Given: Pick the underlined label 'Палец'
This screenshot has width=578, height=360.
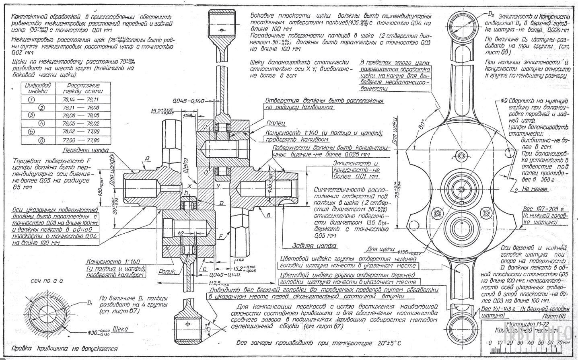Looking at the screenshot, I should [275, 123].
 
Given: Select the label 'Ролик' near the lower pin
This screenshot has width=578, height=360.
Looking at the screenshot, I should [167, 272].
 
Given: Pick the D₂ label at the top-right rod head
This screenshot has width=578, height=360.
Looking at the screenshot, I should [491, 14].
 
